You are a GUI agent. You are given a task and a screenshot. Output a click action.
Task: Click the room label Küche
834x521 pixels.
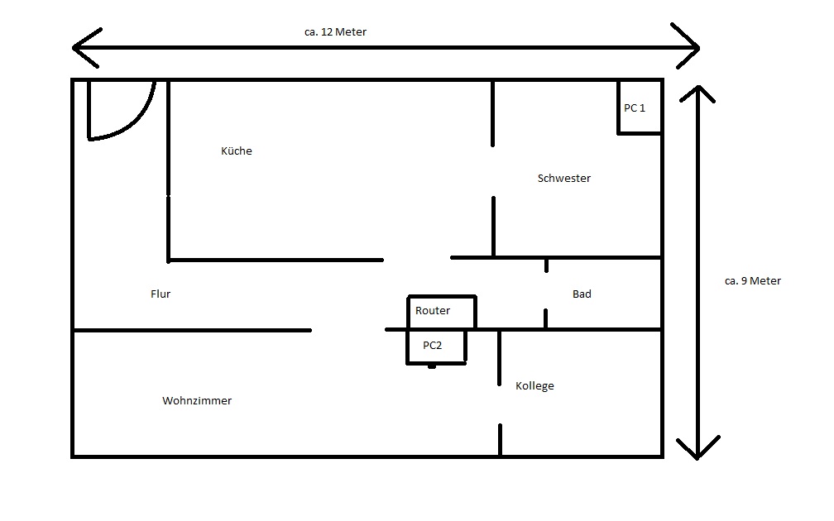[x=236, y=151]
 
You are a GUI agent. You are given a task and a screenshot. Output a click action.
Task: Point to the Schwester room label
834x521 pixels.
[x=563, y=178]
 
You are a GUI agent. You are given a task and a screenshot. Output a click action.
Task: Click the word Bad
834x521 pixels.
[x=582, y=294]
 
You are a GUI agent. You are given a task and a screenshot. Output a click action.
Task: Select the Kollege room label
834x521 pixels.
[x=534, y=386]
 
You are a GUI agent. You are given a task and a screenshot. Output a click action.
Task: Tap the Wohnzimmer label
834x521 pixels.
[x=197, y=401]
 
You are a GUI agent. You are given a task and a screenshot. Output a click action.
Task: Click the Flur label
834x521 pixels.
[x=161, y=294]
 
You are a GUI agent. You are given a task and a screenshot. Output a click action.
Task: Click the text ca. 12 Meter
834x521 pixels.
[x=335, y=32]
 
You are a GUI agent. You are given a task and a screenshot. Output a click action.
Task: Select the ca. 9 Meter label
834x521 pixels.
[x=753, y=280]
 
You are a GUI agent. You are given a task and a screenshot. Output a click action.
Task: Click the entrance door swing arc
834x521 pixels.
[x=137, y=122]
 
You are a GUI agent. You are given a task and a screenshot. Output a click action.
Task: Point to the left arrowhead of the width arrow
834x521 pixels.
[x=85, y=48]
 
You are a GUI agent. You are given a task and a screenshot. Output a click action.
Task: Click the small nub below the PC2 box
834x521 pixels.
[x=432, y=366]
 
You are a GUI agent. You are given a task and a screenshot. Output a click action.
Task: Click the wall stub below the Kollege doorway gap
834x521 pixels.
[x=500, y=440]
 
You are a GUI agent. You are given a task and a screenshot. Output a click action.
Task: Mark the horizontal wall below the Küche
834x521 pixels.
[x=276, y=260]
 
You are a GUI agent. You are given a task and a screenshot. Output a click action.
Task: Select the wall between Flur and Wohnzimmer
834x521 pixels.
[x=192, y=330]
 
